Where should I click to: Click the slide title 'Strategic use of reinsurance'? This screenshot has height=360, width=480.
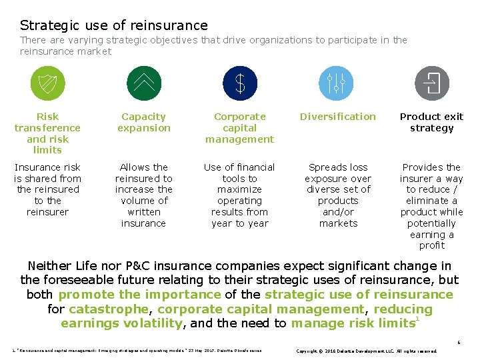[114, 25]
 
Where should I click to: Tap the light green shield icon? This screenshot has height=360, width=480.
[48, 83]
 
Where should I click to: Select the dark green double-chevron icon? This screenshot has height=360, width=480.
[143, 83]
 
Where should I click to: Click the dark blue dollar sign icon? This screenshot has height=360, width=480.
[240, 83]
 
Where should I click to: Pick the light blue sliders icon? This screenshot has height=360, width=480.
[336, 83]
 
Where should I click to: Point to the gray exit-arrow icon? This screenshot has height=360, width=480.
[432, 83]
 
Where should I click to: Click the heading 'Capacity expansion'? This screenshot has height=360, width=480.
[144, 122]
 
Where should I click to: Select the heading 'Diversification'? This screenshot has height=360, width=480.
[338, 117]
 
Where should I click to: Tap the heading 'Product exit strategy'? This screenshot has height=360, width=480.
[431, 122]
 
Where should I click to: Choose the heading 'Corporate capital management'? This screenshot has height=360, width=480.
[240, 127]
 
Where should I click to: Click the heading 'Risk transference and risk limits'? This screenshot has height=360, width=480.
[47, 133]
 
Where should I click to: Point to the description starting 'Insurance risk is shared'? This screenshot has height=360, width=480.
[47, 189]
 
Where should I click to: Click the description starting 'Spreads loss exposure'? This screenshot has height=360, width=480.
[338, 195]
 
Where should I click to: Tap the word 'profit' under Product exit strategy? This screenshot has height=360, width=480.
[431, 246]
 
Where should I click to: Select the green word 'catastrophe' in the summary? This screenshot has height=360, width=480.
[109, 309]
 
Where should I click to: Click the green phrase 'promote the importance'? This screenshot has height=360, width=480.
[139, 294]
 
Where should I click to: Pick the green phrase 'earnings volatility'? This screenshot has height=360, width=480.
[121, 323]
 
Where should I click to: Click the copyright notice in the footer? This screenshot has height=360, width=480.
[366, 351]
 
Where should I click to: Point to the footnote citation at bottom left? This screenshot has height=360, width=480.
[137, 351]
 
